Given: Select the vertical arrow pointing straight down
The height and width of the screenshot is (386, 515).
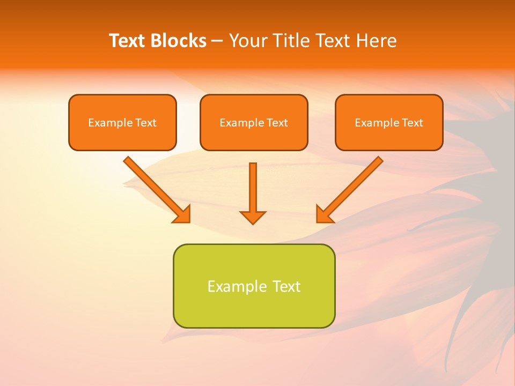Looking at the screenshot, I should coord(253,188).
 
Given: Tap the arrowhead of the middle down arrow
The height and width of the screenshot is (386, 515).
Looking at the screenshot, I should coord(253,217).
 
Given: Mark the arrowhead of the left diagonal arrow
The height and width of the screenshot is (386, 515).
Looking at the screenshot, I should coord(182,214).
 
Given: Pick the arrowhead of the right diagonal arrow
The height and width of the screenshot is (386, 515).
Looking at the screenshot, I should coord(324,214).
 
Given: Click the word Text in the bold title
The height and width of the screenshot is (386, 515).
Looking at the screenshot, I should coord(127,41).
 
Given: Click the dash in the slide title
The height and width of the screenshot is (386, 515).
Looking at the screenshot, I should coord(217,41).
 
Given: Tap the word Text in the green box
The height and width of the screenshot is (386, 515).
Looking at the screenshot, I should coord(286,286).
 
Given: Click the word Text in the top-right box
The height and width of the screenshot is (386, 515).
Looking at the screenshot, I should coord(412,123).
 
